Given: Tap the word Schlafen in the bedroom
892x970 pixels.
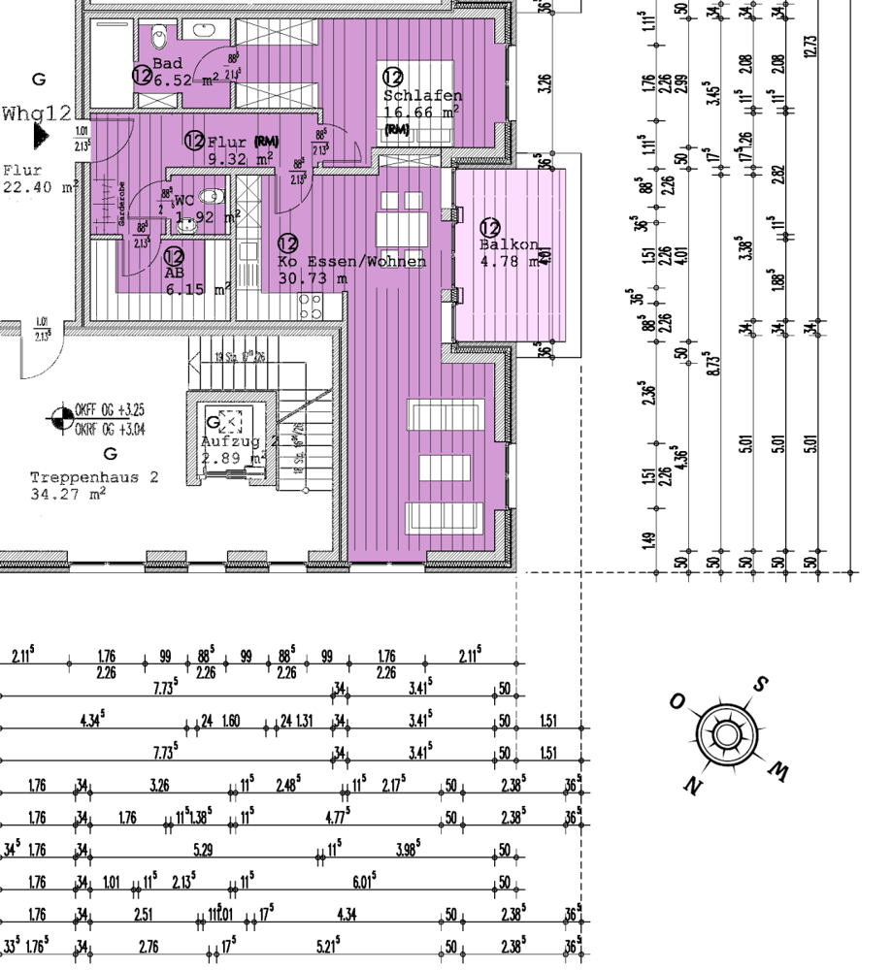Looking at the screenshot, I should tap(422, 95).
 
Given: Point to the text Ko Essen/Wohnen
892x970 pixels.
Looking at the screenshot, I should tap(351, 262).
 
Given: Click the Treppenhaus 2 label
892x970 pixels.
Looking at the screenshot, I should tap(93, 477).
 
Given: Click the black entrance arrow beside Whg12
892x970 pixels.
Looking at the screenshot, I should tap(40, 136).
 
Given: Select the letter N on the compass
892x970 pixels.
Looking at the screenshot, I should tap(692, 785).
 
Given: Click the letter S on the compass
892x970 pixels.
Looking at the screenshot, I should tap(760, 684).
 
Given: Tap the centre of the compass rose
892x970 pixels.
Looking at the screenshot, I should tap(726, 733).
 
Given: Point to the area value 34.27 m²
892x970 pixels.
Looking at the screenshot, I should tap(68, 494).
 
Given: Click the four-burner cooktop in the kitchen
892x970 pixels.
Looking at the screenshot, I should tap(310, 307).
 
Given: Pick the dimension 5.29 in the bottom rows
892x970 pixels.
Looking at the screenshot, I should tap(203, 851).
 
